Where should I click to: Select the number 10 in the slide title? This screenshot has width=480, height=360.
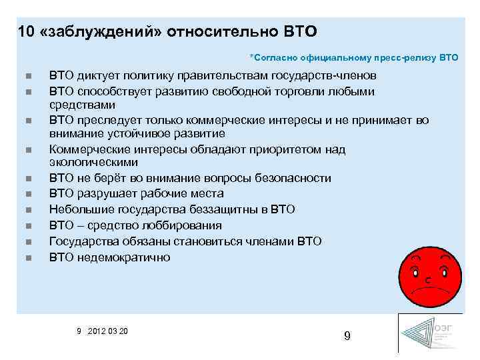26,31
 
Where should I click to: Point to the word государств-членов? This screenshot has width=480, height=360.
328,75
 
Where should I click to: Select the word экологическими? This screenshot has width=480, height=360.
93,162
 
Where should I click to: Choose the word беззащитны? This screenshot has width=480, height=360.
234,209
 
